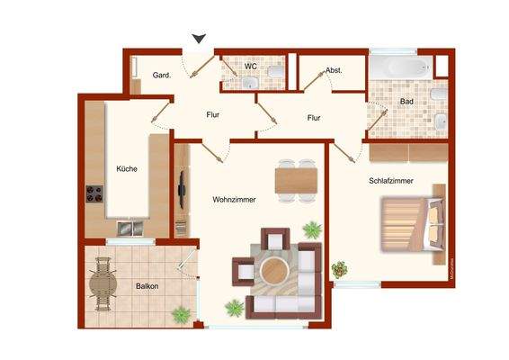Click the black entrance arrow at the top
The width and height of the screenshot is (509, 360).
coord(200,37)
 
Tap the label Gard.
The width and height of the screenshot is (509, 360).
coord(162,75)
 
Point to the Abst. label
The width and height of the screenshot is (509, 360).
coord(333,70)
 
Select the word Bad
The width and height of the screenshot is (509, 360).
coord(406,102)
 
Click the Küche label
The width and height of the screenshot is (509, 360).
coord(126,167)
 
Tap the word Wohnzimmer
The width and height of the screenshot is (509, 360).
coord(234,199)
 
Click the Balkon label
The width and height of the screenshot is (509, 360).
coord(147,286)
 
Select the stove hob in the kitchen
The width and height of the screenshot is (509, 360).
coord(94,194)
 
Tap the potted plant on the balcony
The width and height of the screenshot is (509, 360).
coord(181,314)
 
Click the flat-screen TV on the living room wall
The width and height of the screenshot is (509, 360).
coord(183,188)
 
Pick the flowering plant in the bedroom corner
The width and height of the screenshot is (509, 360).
coord(340,268)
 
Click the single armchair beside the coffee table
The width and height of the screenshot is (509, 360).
coord(244,269)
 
